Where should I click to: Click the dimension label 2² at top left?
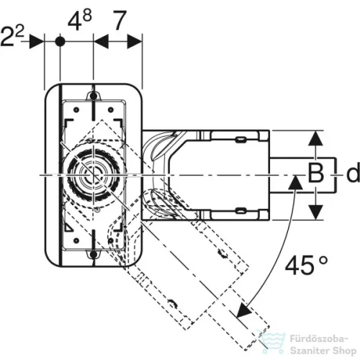point(12,37)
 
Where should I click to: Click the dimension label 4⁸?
point(80,21)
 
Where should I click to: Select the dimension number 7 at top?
point(120,21)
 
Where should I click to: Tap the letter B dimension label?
point(316,173)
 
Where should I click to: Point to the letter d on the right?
point(353,172)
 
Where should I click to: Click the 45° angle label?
point(306,265)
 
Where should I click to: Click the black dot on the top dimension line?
point(60,42)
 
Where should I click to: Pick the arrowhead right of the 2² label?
point(37,42)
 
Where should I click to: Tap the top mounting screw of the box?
point(94,96)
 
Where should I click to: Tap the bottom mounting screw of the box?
point(94,255)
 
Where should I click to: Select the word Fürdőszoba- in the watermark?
point(319,339)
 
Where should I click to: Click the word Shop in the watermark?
point(344,351)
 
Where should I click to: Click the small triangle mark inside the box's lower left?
point(69,228)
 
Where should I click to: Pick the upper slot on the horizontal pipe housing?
point(240,140)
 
